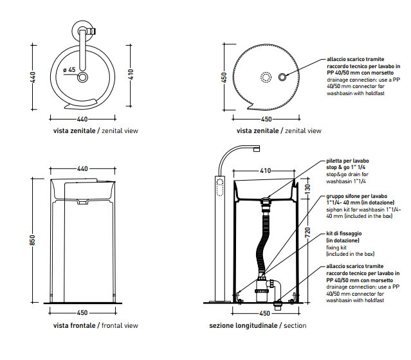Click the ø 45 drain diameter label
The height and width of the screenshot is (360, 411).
coord(70,69)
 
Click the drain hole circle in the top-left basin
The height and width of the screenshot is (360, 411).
coord(83,78)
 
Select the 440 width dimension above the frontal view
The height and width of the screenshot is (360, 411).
coord(82,168)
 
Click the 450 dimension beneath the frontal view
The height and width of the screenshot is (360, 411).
coord(82,313)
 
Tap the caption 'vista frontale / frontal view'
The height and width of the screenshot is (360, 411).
coord(96,326)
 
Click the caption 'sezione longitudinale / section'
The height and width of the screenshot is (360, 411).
coord(258,326)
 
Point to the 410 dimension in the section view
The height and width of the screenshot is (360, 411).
coord(265,172)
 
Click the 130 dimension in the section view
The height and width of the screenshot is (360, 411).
coord(307,189)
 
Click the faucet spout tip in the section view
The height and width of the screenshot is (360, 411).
coord(257,149)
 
